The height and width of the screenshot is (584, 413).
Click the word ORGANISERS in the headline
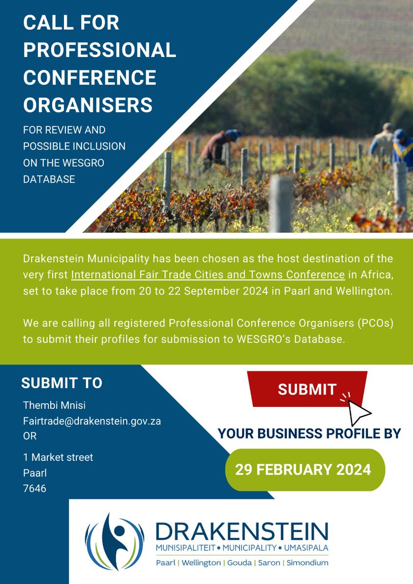pos(88,105)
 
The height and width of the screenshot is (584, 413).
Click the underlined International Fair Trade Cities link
pos(208,274)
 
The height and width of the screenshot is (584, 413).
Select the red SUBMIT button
pos(307,389)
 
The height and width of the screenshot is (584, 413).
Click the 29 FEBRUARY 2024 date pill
pos(303,470)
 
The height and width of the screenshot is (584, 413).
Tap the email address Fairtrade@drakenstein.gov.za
pos(92,421)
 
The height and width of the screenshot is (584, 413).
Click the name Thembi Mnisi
pos(54,406)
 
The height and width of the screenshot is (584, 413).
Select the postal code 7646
pos(35,489)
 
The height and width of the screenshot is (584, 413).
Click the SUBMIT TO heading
pos(62,383)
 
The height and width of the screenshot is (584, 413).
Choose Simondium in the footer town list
pos(307,563)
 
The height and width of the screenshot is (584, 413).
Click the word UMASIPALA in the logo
pos(305,549)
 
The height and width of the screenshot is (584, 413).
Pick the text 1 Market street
pos(58,457)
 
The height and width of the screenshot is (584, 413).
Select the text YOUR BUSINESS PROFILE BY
pos(309,433)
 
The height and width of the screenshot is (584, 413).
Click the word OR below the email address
pos(30,437)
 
